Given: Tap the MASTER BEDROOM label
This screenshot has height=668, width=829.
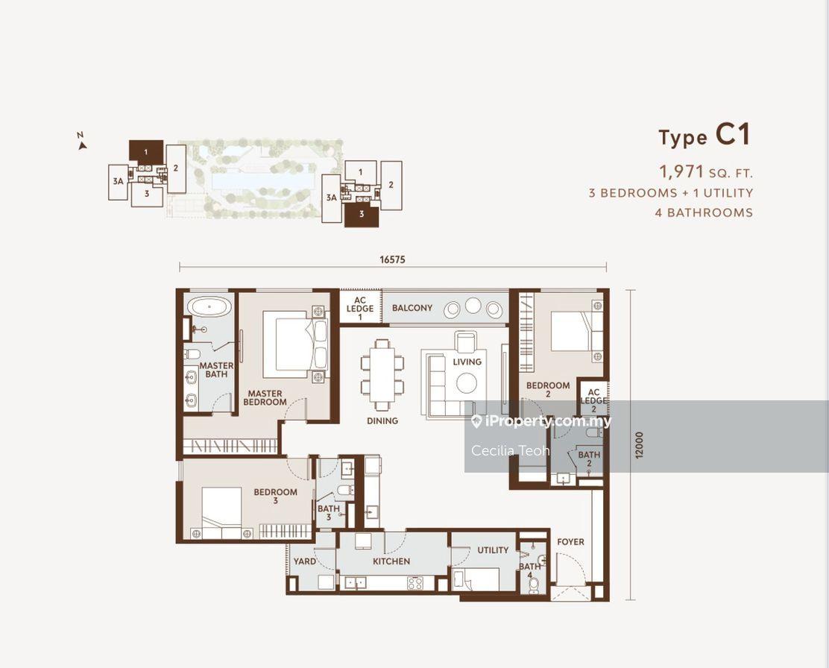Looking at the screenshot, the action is click(265, 397).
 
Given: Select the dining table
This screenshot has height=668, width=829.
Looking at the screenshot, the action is click(382, 375).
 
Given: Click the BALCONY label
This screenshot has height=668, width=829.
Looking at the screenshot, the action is click(412, 308).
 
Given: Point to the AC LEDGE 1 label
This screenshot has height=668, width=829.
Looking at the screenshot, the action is click(360, 309).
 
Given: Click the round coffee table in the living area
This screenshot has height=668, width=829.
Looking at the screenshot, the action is click(467, 383).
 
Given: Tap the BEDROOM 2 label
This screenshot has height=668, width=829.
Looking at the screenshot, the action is click(548, 389).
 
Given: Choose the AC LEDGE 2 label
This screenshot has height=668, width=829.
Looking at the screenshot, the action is click(593, 400).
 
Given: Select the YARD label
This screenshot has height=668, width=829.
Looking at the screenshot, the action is click(305, 561).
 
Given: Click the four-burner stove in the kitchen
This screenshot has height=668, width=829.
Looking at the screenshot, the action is click(415, 583).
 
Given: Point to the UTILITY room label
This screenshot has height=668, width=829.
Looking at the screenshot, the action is click(493, 550).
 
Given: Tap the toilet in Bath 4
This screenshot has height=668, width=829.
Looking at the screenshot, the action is click(534, 584).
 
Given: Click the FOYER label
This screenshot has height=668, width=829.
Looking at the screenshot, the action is click(571, 541).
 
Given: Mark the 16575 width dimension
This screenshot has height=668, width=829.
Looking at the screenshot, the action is click(393, 259).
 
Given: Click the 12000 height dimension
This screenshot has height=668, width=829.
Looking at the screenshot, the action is click(640, 445).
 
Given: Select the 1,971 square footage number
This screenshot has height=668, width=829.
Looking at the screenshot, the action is click(681, 171).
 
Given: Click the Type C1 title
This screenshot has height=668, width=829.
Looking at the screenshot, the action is click(705, 136).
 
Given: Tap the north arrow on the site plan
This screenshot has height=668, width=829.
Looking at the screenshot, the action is click(81, 145).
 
